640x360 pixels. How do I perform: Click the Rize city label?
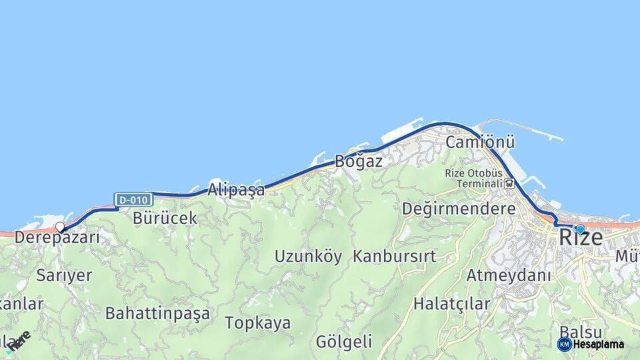pos(581,237)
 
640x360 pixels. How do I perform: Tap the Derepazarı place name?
pos(57,237)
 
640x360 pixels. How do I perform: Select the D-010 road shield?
pos(134,199)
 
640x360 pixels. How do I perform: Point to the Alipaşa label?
pos(236,190)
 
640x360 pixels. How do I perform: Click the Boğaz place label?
pos(359,161)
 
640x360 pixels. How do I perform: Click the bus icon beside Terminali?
pos(510,183)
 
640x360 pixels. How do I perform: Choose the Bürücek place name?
pos(165,218)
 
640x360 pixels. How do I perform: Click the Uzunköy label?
pos(308,256)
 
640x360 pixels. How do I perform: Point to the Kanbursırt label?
pos(395,256)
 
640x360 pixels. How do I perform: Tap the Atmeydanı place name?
pos(509,275)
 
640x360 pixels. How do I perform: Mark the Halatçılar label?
pos(452,304)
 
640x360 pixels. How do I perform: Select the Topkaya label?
pos(257,323)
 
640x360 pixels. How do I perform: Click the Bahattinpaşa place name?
pos(157,313)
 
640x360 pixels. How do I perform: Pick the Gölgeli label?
pos(344,342)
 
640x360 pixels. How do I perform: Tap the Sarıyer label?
pos(64,275)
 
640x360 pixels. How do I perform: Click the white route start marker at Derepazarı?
pos(60,227)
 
